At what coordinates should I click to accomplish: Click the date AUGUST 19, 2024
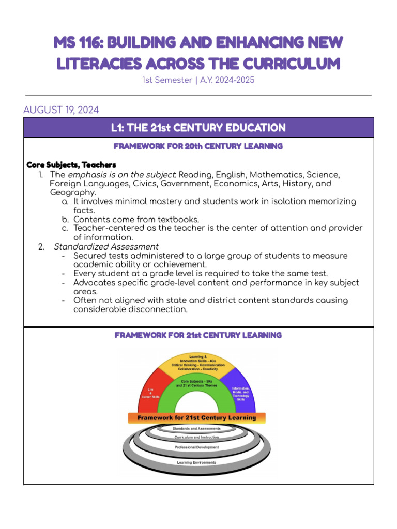pyautogui.click(x=61, y=110)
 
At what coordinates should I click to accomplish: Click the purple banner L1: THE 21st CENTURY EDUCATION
pyautogui.click(x=198, y=128)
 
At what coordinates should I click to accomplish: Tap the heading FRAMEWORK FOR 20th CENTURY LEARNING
pyautogui.click(x=198, y=146)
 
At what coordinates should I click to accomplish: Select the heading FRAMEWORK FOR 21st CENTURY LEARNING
pyautogui.click(x=198, y=335)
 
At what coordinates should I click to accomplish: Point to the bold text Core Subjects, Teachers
pyautogui.click(x=71, y=165)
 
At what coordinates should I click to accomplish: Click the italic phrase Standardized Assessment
pyautogui.click(x=106, y=246)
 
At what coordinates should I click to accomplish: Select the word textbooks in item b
pyautogui.click(x=178, y=219)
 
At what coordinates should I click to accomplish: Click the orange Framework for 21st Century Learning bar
pyautogui.click(x=197, y=417)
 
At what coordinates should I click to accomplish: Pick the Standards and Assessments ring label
pyautogui.click(x=196, y=428)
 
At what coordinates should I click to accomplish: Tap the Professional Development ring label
pyautogui.click(x=196, y=447)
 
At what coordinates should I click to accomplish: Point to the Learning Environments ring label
pyautogui.click(x=196, y=462)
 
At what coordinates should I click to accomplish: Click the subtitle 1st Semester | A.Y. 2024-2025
pyautogui.click(x=198, y=81)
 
